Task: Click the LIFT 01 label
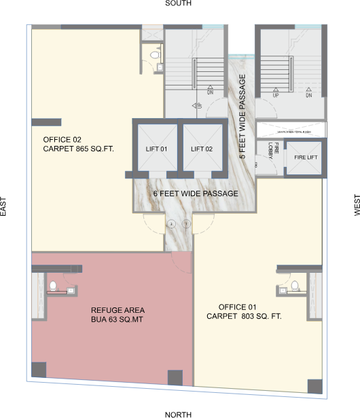click(x=156, y=149)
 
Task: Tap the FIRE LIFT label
click(x=304, y=157)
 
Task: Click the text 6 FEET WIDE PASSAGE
click(x=196, y=194)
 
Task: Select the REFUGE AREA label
click(x=117, y=310)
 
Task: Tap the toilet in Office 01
click(x=294, y=286)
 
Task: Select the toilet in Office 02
click(x=154, y=54)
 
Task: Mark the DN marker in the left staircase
click(x=211, y=89)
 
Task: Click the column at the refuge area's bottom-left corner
click(x=39, y=370)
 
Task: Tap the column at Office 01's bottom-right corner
click(x=314, y=385)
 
